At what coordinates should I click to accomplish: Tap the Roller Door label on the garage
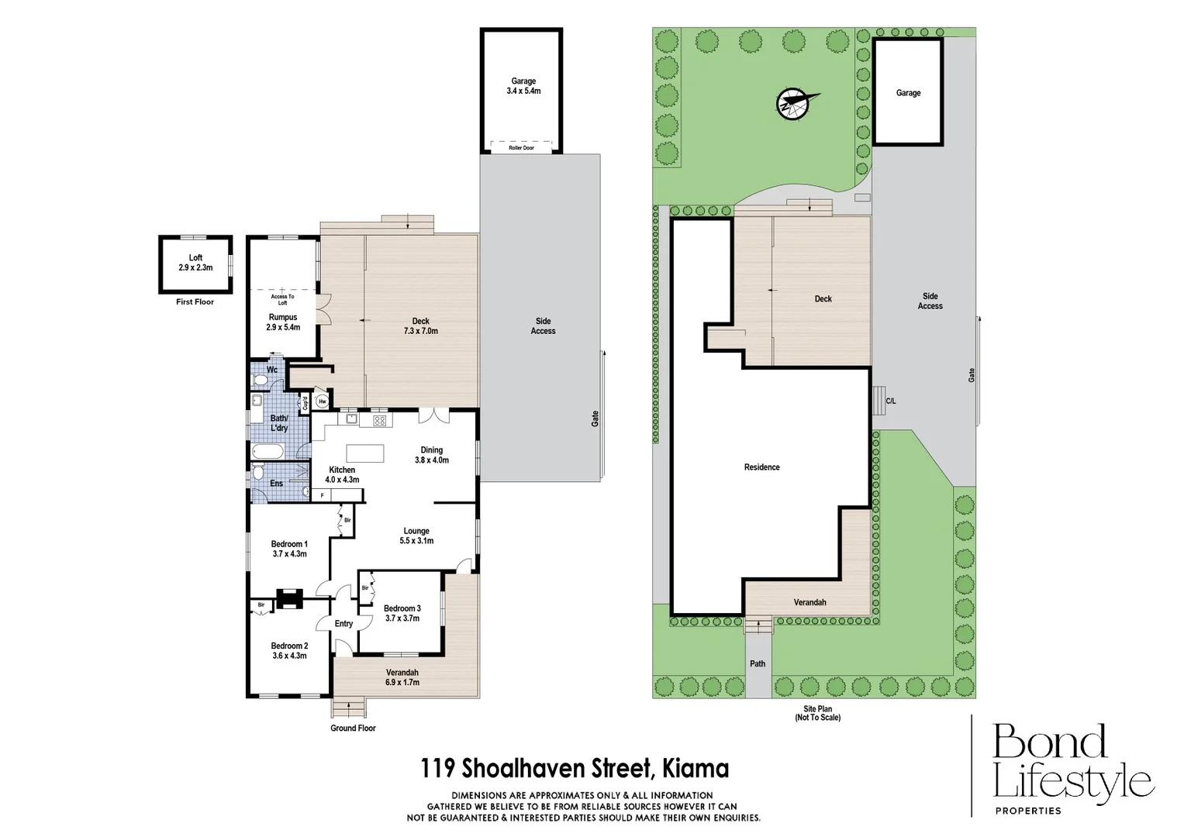[521, 148]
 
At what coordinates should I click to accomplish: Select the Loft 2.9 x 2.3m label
[195, 263]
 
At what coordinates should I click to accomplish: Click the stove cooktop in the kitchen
[380, 421]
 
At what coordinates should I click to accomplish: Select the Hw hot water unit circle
[322, 401]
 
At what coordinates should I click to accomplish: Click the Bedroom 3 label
[402, 613]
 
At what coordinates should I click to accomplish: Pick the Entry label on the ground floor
[343, 624]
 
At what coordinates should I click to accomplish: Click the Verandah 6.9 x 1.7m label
[402, 677]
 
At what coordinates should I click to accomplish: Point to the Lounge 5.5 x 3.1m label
[416, 536]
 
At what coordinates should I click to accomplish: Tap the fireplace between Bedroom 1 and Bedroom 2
[292, 598]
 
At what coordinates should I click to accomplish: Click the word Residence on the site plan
[761, 467]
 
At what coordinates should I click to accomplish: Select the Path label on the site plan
[758, 663]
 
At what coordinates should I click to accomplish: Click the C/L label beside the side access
[891, 401]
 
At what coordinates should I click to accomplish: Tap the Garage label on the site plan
[908, 93]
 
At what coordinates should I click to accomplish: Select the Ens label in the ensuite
[276, 484]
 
